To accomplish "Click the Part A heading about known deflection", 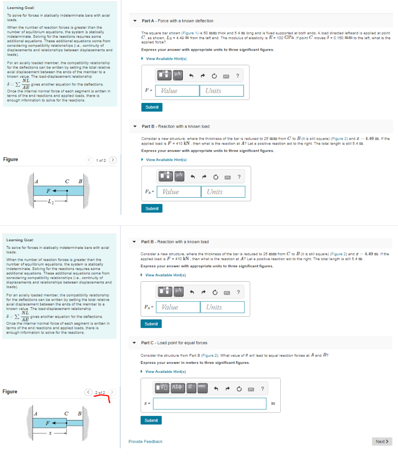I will click(x=177, y=21).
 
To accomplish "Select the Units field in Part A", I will click(x=221, y=91).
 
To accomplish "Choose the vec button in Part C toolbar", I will click(x=201, y=386).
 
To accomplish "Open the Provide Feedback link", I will click(x=146, y=442).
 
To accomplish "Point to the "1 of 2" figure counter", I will click(x=101, y=160).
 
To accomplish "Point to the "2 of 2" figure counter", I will click(x=100, y=393).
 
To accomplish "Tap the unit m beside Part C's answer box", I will click(x=274, y=403).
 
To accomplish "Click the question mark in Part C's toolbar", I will click(x=262, y=388).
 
